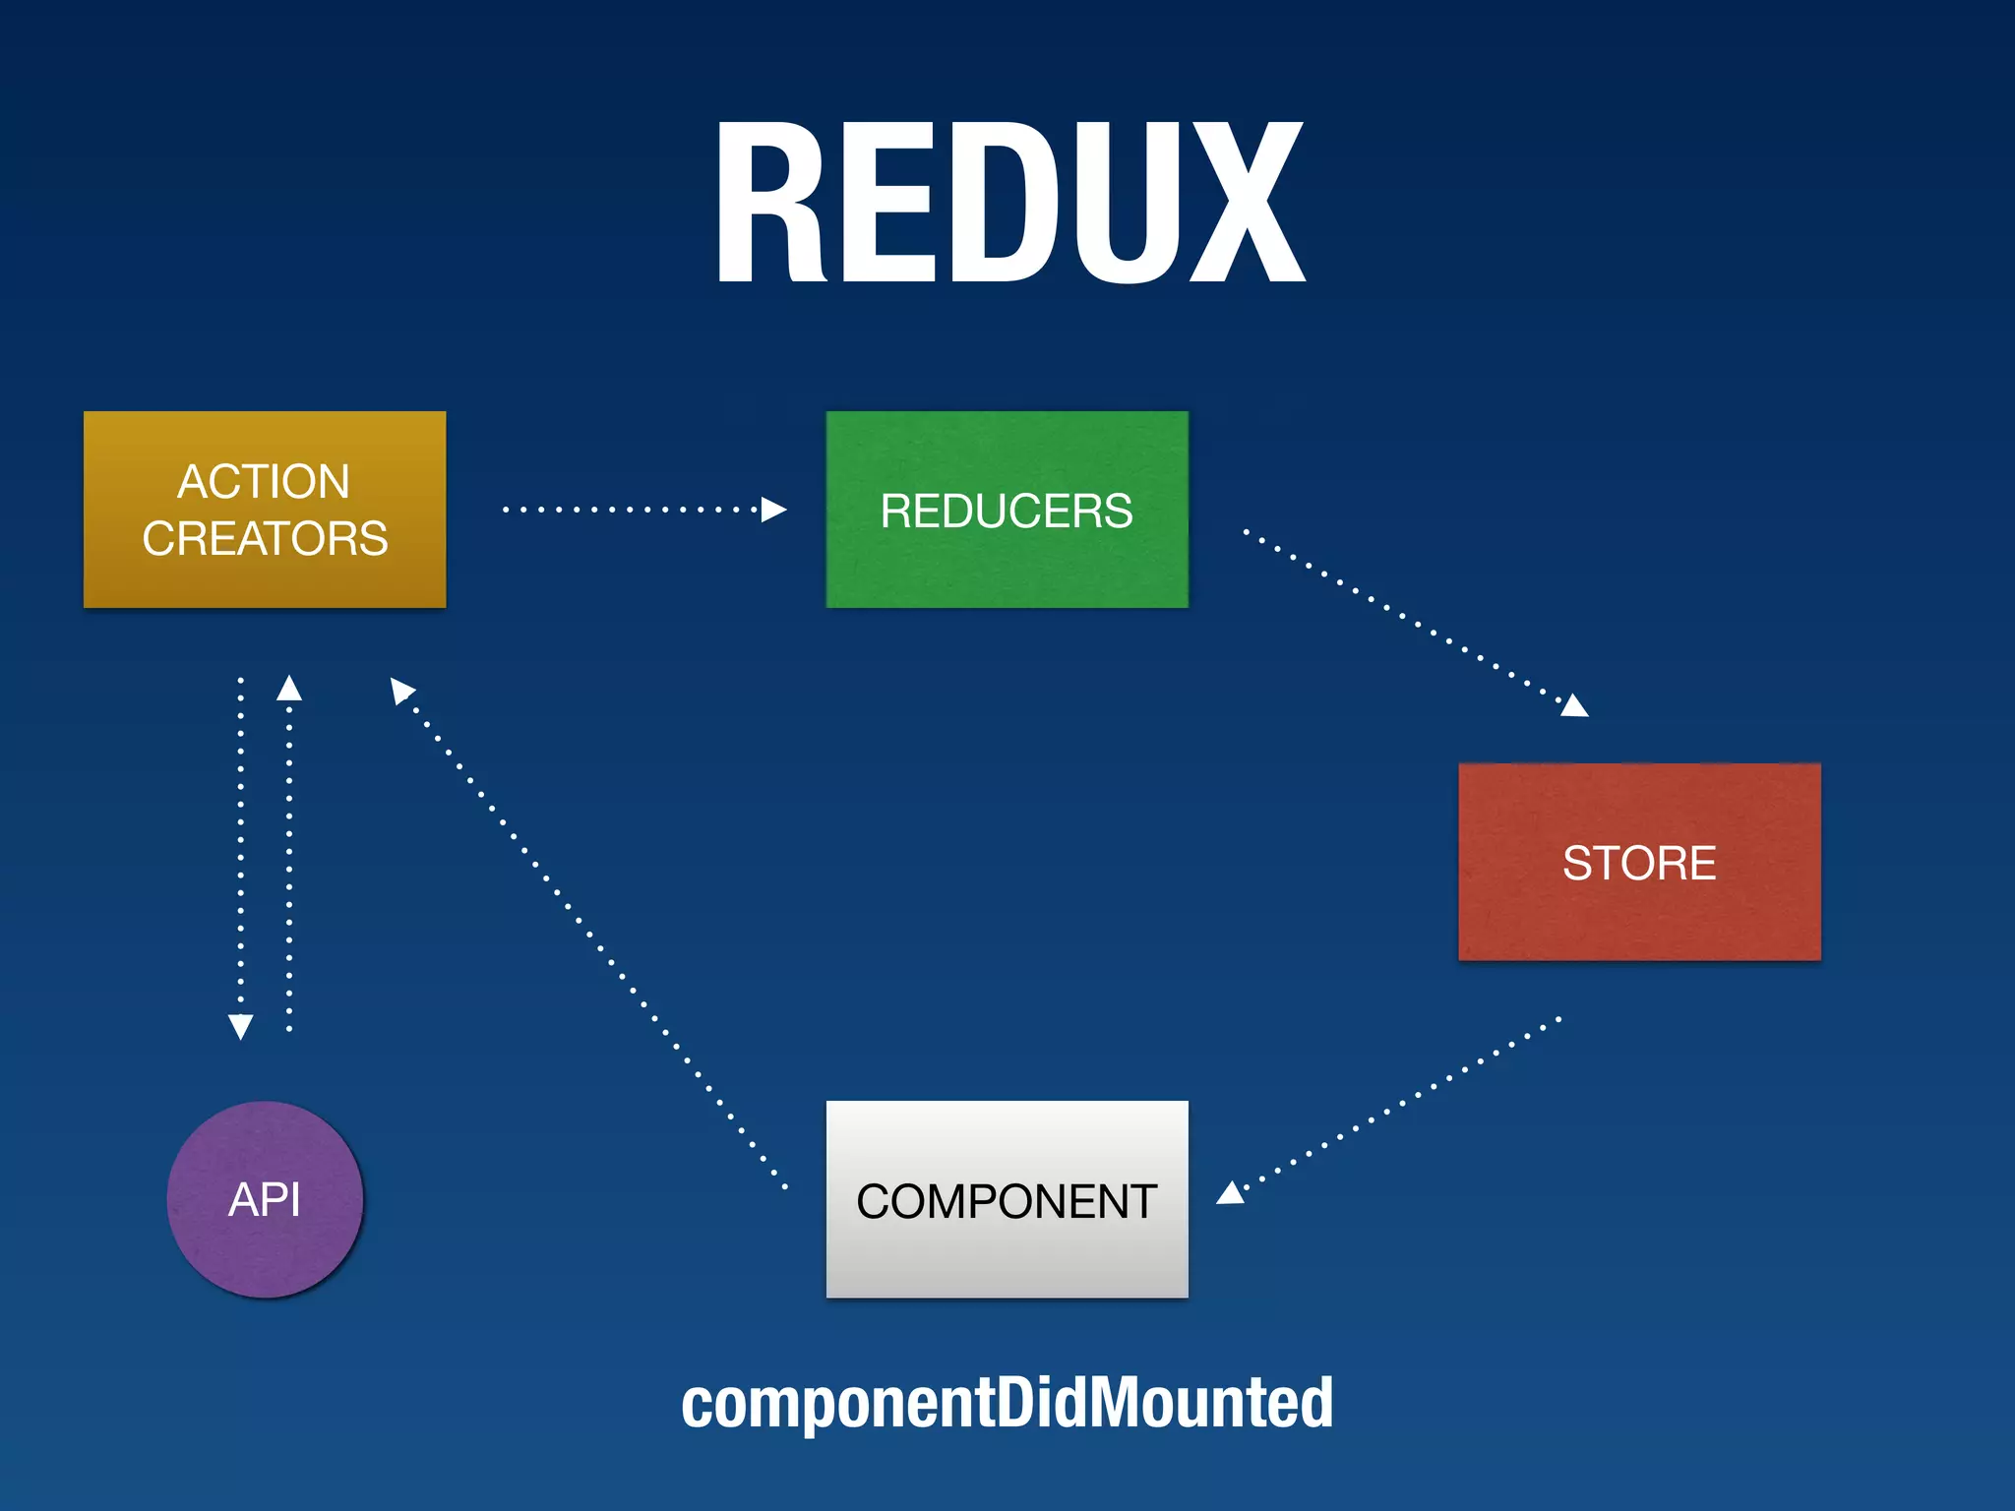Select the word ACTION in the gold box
click(x=264, y=482)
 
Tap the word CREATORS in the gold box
click(x=265, y=539)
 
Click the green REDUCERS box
click(x=1007, y=510)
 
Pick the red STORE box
click(x=1639, y=862)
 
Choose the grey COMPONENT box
click(x=1007, y=1200)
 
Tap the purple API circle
click(x=265, y=1199)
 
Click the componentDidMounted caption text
click(x=1007, y=1403)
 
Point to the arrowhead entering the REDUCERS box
click(x=774, y=510)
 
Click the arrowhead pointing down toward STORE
click(x=1574, y=705)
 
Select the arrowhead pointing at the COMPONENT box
click(x=1231, y=1193)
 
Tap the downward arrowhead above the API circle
click(x=241, y=1026)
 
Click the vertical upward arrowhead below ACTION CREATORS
click(x=289, y=688)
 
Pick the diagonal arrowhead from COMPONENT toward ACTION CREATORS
click(x=401, y=690)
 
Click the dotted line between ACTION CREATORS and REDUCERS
click(x=630, y=510)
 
